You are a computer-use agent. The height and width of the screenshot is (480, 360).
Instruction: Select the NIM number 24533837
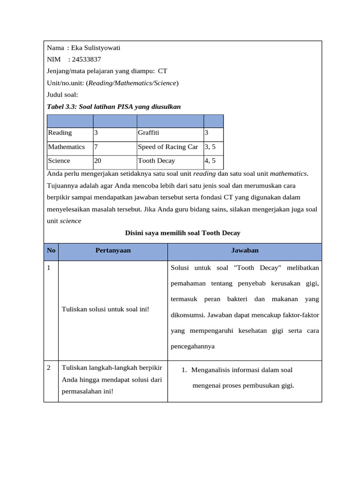tap(86, 60)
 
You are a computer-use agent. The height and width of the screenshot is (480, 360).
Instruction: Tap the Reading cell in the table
tap(60, 133)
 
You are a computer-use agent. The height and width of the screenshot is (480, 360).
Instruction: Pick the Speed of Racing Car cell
tap(168, 147)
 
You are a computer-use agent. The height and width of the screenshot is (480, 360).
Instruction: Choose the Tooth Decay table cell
tap(157, 161)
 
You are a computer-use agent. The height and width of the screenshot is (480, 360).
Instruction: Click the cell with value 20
tap(97, 161)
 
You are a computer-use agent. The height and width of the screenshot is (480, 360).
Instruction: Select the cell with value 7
tap(96, 147)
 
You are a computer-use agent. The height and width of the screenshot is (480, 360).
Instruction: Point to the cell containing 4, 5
tap(210, 161)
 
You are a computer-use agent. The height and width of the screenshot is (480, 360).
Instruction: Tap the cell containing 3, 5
tap(210, 147)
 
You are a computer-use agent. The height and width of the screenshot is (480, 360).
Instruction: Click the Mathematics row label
tap(67, 147)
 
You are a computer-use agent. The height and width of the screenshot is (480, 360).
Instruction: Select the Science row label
tap(59, 161)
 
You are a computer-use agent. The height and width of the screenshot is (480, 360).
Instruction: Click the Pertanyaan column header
tap(113, 251)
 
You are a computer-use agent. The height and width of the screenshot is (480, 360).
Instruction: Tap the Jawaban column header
tap(245, 251)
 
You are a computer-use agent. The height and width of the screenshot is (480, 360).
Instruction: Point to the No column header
tap(51, 251)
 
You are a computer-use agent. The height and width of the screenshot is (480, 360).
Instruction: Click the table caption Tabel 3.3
tap(114, 107)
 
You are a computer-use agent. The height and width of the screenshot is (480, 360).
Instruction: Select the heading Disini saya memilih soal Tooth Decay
tap(183, 233)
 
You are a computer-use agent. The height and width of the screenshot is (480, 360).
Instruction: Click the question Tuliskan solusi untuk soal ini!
tap(105, 310)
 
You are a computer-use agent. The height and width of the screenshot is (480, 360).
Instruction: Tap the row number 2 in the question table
tap(50, 367)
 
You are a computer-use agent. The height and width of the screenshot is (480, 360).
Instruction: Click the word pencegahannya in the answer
tap(193, 346)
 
